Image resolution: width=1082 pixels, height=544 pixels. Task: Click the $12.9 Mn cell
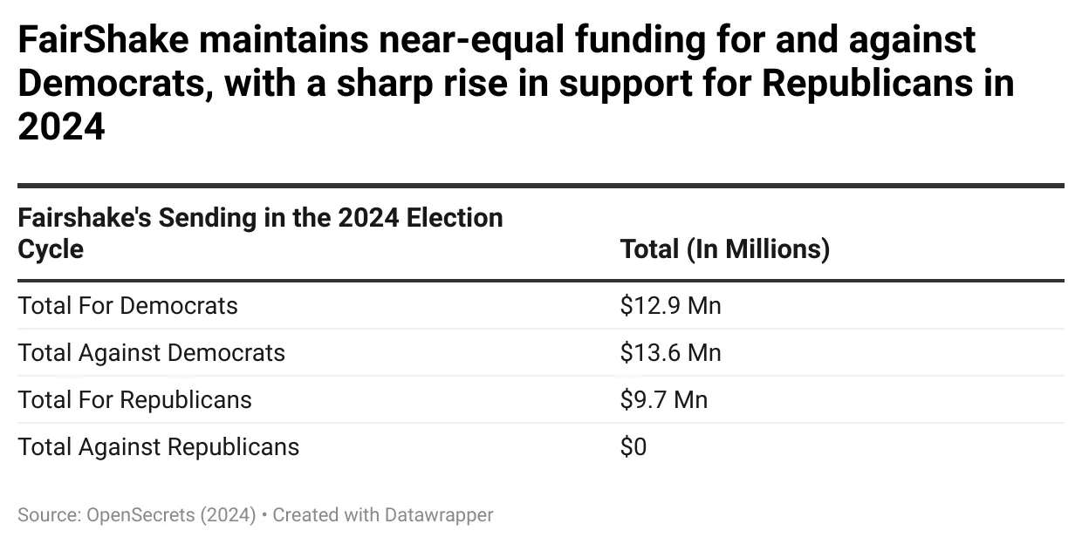coord(670,306)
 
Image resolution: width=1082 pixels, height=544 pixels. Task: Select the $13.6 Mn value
coord(670,353)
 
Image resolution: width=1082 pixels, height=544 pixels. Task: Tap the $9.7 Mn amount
coord(663,400)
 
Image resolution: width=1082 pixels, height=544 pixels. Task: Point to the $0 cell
coord(633,447)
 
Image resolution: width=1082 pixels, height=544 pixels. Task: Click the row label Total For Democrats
coord(127,306)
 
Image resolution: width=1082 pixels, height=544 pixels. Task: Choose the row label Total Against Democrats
coord(151,353)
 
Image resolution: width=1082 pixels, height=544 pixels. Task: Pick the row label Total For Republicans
coord(134,400)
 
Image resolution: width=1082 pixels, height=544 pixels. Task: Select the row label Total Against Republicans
coord(158,447)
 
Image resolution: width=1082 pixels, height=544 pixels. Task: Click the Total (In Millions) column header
coord(724,249)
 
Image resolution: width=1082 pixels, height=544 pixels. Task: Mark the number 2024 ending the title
coord(61,127)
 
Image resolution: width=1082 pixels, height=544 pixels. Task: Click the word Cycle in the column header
coord(51,249)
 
